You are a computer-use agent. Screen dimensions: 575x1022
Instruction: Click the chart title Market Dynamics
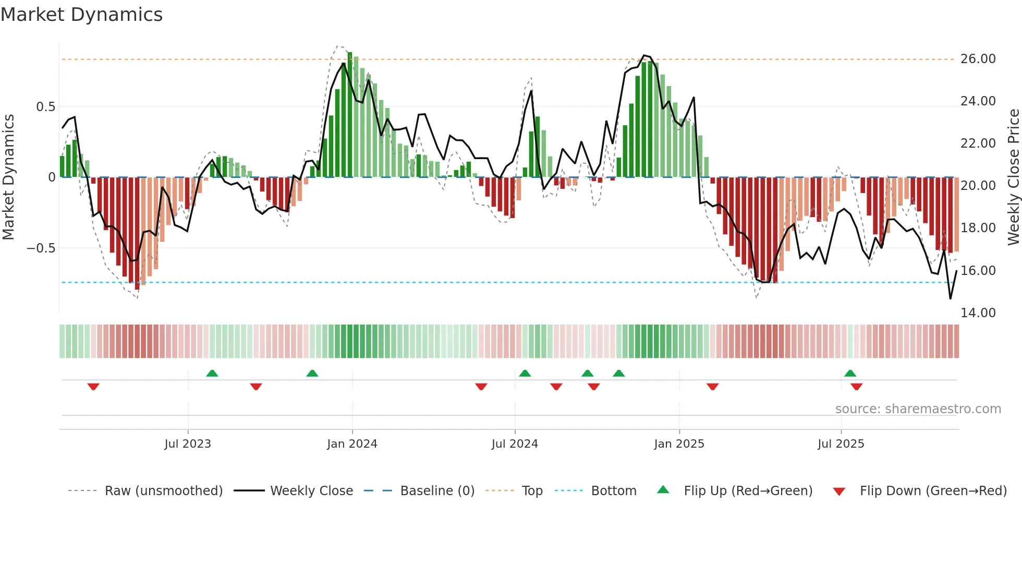81,15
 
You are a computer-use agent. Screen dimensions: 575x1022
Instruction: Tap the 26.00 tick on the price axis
978,59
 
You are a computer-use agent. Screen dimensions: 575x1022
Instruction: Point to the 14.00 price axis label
978,313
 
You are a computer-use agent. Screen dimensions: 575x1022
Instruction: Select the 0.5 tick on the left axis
45,107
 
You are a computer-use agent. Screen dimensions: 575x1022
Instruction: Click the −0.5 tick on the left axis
41,248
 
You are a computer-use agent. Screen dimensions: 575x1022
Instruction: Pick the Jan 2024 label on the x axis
352,444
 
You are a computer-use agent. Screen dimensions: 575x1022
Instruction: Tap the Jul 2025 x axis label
841,444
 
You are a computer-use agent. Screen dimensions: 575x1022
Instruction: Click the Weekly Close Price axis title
1013,177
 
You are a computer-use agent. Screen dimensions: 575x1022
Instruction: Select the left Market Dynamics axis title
8,177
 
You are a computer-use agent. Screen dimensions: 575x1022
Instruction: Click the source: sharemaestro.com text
918,409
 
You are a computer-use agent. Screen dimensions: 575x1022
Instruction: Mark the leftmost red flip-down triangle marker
93,387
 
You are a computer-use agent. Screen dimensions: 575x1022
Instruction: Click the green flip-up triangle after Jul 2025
850,373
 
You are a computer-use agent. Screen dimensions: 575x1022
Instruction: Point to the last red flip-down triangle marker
856,387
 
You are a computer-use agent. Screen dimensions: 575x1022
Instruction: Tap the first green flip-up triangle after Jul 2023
212,373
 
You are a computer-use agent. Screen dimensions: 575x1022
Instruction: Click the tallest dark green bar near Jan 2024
350,115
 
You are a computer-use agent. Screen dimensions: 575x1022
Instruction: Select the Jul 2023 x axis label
188,444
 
